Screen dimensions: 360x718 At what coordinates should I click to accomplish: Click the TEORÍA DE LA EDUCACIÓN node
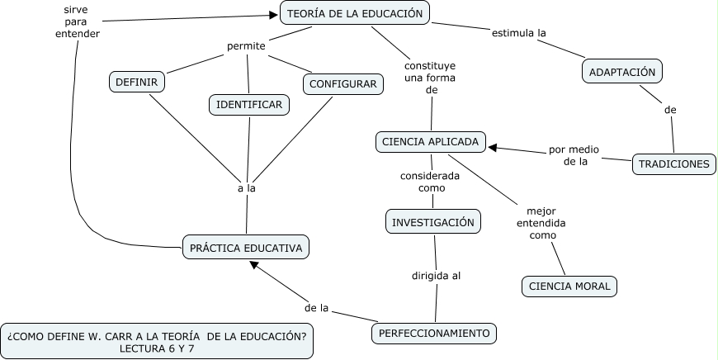(x=355, y=13)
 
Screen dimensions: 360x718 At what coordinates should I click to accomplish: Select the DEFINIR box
(x=137, y=82)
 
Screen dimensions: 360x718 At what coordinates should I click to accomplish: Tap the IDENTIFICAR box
(x=248, y=104)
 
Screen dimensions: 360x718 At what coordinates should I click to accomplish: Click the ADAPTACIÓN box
(x=622, y=72)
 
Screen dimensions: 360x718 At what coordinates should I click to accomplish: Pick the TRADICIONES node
(x=673, y=163)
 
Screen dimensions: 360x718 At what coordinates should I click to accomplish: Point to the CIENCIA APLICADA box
(x=430, y=141)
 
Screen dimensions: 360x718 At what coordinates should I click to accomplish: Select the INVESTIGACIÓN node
(x=433, y=222)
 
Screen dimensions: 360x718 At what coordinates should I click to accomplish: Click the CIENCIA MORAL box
(x=569, y=287)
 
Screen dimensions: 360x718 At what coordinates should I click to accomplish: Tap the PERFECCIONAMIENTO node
(x=434, y=334)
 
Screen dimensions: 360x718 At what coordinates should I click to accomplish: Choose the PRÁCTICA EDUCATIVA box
(x=246, y=247)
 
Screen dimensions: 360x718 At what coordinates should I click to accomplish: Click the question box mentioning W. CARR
(x=157, y=341)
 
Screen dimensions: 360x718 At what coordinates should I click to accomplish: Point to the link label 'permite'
(x=246, y=46)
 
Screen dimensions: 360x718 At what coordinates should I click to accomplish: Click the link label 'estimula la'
(x=520, y=33)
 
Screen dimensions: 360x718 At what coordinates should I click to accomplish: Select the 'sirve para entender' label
(x=77, y=21)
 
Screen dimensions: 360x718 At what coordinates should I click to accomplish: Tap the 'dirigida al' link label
(x=436, y=276)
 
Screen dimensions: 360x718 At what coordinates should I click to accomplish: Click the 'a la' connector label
(x=246, y=188)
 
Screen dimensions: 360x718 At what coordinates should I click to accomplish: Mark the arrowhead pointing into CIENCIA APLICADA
(x=493, y=148)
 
